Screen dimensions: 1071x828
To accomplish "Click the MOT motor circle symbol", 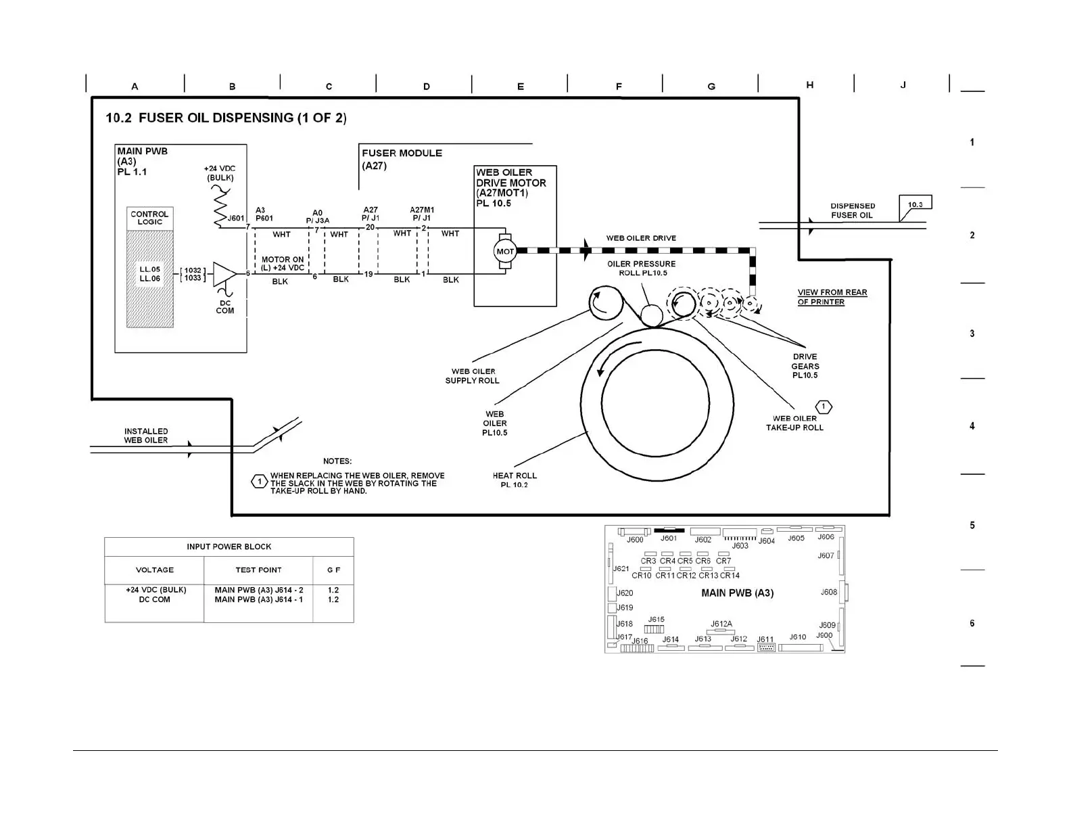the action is click(505, 252).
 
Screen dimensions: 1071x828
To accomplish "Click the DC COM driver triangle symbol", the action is click(224, 274).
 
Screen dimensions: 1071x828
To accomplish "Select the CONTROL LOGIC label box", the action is click(149, 218).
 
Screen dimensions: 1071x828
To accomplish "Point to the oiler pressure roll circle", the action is click(651, 315).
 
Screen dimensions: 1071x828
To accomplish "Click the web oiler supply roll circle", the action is click(606, 302).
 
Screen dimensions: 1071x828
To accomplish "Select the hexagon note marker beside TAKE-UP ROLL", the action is click(824, 407).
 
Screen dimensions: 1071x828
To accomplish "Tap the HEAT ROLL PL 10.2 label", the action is click(515, 480).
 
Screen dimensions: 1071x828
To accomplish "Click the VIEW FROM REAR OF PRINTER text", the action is click(832, 297).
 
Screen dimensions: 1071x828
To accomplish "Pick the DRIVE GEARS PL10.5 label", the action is click(805, 366).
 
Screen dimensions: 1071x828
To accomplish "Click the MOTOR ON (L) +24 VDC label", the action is click(283, 263).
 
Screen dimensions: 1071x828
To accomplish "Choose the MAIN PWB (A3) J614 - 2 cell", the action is click(258, 590).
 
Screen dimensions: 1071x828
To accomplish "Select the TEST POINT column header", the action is click(258, 570).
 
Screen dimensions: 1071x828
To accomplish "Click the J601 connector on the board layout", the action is click(669, 530).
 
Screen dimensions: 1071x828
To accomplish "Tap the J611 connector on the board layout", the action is click(766, 647).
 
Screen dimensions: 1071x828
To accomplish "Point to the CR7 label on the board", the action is click(723, 561).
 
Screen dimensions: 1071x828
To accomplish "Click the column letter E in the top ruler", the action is click(520, 87).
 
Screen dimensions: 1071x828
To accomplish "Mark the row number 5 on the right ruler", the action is click(972, 525).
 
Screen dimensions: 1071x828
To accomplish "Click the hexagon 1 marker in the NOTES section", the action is click(259, 482).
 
